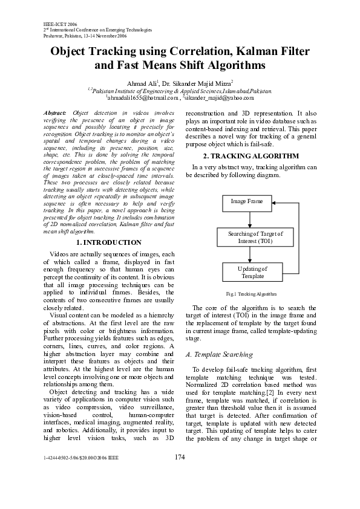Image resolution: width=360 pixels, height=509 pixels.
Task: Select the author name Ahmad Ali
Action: point(142,82)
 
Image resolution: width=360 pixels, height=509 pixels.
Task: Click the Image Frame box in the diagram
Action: point(247,201)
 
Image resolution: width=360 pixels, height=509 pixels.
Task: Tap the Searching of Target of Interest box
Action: point(247,237)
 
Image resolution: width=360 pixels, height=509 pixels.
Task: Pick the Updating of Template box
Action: point(247,272)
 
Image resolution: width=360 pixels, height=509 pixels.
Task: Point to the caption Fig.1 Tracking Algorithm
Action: point(251,294)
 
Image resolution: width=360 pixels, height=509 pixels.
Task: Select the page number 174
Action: point(180,474)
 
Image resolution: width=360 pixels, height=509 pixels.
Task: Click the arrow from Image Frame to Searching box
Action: point(247,218)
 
